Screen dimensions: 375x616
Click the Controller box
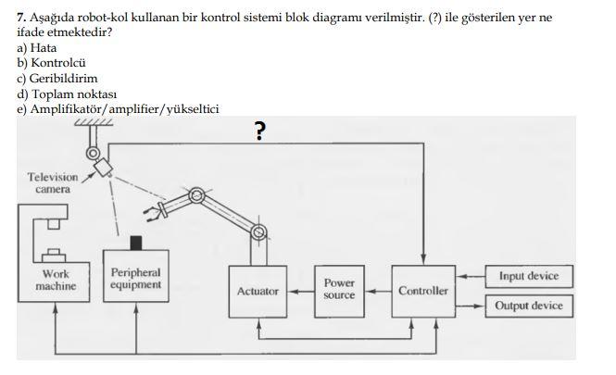[x=422, y=291]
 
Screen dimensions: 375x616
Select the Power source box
[x=339, y=289]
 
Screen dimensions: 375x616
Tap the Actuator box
[x=258, y=291]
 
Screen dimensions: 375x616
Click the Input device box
[x=529, y=276]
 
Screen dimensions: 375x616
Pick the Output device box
[x=529, y=306]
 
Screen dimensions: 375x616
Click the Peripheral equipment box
[x=135, y=279]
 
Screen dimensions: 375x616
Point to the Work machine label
[x=56, y=281]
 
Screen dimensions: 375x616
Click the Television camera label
[x=52, y=182]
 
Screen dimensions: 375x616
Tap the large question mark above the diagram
[x=260, y=132]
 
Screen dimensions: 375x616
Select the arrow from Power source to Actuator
[x=298, y=291]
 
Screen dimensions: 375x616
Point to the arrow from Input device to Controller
[x=471, y=276]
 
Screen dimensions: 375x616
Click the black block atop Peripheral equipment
[x=136, y=243]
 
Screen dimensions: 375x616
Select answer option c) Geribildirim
[x=57, y=78]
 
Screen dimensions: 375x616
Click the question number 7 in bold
[x=21, y=18]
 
